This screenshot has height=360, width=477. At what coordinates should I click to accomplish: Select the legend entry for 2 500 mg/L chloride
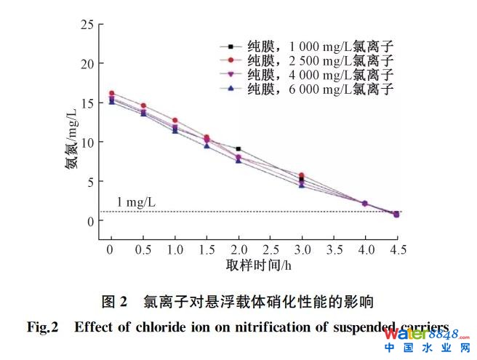click(313, 60)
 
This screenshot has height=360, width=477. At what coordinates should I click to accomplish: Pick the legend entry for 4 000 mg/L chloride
click(313, 75)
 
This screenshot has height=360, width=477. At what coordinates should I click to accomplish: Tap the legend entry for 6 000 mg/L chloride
click(313, 89)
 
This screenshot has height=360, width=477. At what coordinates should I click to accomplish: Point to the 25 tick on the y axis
click(87, 25)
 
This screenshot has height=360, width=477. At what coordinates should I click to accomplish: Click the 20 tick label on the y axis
click(87, 64)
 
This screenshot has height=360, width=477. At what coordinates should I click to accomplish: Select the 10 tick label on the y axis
click(87, 143)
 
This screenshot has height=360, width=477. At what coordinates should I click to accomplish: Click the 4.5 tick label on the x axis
click(396, 250)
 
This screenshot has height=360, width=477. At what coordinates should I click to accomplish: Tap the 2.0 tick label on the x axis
click(238, 250)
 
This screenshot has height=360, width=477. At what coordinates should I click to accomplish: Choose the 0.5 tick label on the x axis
click(143, 250)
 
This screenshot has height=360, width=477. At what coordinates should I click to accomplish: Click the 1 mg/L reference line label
click(136, 201)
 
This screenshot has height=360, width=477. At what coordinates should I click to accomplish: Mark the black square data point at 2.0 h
click(238, 149)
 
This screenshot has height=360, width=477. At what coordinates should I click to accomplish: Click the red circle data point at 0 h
click(111, 93)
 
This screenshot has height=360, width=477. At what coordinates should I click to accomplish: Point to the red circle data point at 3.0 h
click(301, 175)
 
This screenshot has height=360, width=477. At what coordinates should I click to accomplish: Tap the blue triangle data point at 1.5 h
click(207, 145)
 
